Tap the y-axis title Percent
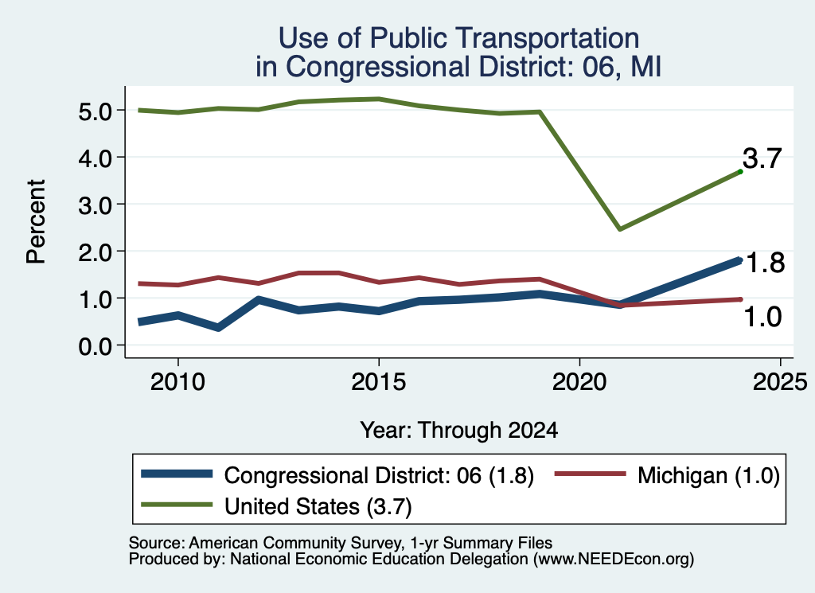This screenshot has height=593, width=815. coord(36,221)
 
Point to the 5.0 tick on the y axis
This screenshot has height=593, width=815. coord(96,111)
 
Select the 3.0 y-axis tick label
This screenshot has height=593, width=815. coord(96,205)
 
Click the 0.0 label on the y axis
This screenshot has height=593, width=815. coord(96,346)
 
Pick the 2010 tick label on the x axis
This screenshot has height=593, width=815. coord(177,383)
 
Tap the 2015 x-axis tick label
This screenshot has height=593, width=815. coord(378,383)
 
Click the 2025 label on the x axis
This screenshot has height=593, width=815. coord(780,383)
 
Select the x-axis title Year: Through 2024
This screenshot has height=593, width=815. coord(459,431)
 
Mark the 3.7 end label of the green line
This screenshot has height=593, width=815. coord(762,158)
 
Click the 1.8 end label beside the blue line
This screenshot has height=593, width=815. coord(765,263)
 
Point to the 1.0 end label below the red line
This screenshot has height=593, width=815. coord(762,317)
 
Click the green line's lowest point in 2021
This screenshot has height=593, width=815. coord(619,228)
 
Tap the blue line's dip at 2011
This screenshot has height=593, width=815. coord(218,327)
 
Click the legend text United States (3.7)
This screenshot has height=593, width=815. coord(318,507)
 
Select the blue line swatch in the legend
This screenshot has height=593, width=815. coord(177,474)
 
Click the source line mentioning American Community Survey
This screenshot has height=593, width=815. coord(341,543)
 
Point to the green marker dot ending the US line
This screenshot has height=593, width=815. coord(740,171)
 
